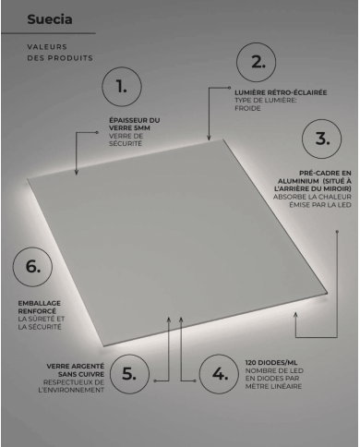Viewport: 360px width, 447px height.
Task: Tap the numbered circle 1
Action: click(x=120, y=88)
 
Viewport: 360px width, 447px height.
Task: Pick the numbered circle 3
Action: click(x=321, y=139)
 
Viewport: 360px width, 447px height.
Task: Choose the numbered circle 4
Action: click(x=219, y=375)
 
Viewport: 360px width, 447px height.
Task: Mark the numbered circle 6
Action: click(x=32, y=267)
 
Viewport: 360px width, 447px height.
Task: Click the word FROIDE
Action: click(x=248, y=108)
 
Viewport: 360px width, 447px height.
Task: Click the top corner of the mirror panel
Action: click(x=224, y=140)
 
